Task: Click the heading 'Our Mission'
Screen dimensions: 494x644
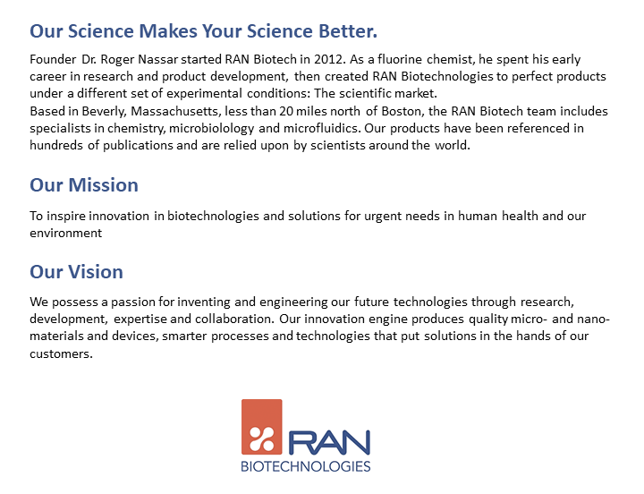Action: (84, 185)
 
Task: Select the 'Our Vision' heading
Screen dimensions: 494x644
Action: (76, 271)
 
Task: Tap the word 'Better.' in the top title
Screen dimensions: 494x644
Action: (344, 31)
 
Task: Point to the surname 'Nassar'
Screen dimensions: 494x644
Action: (184, 60)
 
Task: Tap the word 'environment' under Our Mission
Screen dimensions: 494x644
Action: (66, 233)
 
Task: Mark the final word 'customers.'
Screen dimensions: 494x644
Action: (61, 353)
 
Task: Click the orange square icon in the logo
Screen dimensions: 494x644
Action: (261, 426)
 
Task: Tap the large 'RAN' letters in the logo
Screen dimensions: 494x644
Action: (328, 441)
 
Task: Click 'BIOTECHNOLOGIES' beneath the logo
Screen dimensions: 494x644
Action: (306, 466)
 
